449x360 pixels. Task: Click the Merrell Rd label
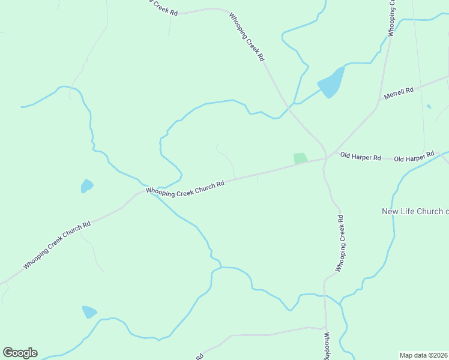pos(400,93)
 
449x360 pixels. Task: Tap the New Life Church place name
pos(415,211)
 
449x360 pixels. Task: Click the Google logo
pos(20,352)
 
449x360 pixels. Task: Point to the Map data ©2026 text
pos(423,355)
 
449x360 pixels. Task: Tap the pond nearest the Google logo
pos(89,312)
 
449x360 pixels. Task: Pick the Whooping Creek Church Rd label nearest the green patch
pos(185,188)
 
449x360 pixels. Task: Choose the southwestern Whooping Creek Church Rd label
pos(57,245)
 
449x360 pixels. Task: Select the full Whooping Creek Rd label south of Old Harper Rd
pos(340,243)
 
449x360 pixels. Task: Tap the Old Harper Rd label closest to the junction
pos(360,157)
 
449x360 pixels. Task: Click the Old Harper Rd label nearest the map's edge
pos(414,157)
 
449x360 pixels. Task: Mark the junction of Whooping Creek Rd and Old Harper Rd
pos(326,158)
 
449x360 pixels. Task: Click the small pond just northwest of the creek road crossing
pos(87,186)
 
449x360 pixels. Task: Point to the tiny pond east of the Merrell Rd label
pos(429,107)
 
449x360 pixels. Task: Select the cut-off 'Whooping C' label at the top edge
pos(391,18)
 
